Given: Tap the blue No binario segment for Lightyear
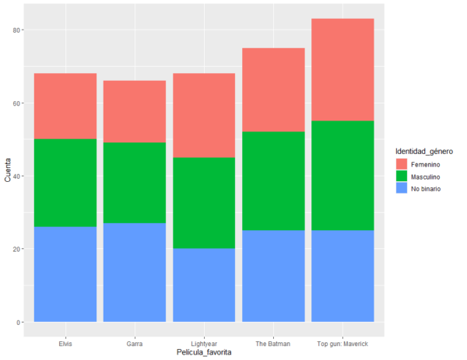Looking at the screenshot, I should pyautogui.click(x=204, y=285).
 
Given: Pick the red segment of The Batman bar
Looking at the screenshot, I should pyautogui.click(x=273, y=89).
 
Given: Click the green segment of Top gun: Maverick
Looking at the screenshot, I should pyautogui.click(x=342, y=175).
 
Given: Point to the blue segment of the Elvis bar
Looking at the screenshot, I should pyautogui.click(x=65, y=274).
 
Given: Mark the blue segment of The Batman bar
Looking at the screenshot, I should pyautogui.click(x=273, y=275).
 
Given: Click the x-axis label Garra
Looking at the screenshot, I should pyautogui.click(x=135, y=341).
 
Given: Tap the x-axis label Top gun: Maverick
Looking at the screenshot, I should pyautogui.click(x=342, y=341).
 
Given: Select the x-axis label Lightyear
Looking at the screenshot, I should pyautogui.click(x=204, y=341).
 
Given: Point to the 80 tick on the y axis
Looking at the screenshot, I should pyautogui.click(x=16, y=30).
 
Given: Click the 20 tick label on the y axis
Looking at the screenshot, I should pyautogui.click(x=16, y=249).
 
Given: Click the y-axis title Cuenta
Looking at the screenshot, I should pyautogui.click(x=7, y=176).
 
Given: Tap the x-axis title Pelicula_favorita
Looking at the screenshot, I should pyautogui.click(x=204, y=352).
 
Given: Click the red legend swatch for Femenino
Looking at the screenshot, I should pyautogui.click(x=402, y=164).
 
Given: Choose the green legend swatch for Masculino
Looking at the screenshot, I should pyautogui.click(x=402, y=177).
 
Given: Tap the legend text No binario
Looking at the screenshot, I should pyautogui.click(x=429, y=190).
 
